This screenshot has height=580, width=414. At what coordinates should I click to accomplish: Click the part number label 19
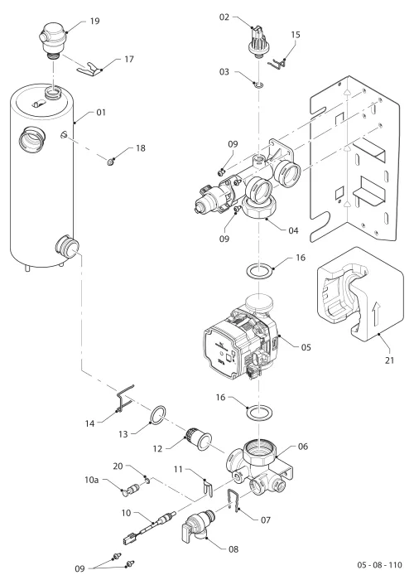coord(95,21)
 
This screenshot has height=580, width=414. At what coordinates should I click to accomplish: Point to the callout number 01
coord(101,112)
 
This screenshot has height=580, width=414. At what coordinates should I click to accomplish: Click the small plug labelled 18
coord(110,162)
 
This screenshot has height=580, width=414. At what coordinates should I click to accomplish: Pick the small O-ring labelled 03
coord(258,85)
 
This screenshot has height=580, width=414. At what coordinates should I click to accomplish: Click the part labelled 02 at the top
coord(258,41)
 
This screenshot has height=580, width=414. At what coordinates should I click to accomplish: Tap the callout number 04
coord(293,230)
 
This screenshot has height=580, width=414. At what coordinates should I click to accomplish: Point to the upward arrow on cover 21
coord(376,313)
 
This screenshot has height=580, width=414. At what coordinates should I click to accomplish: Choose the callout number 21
coord(390,360)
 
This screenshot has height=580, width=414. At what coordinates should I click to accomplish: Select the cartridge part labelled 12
coord(199,439)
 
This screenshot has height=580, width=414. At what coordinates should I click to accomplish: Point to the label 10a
coord(92,480)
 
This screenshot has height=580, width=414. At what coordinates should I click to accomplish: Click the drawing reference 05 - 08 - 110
coord(379,565)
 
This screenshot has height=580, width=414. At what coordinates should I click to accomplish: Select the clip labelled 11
coord(209,487)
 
